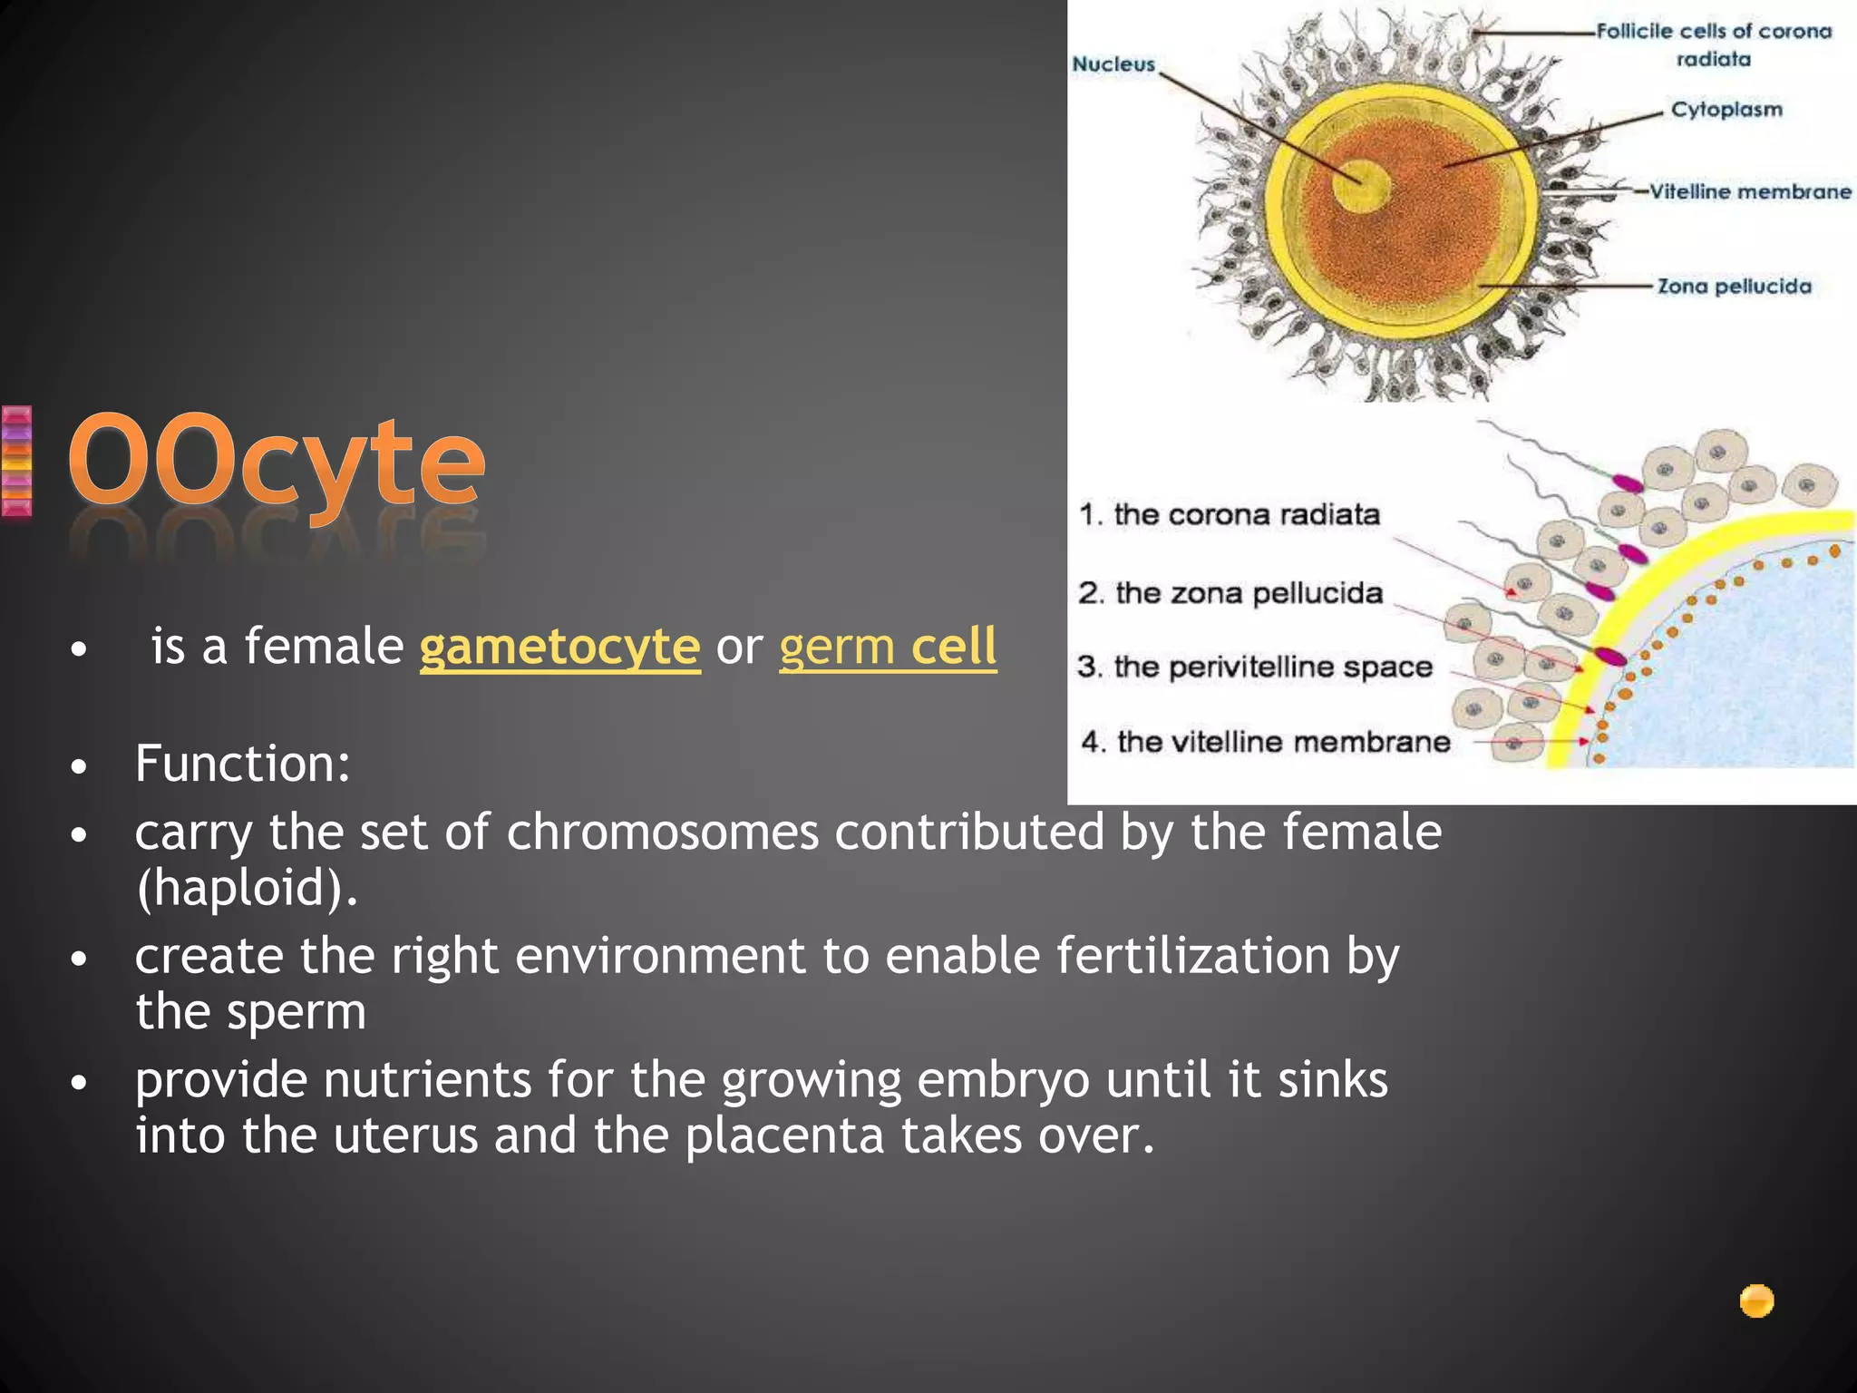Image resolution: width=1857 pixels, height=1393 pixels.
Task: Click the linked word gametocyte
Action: click(x=559, y=648)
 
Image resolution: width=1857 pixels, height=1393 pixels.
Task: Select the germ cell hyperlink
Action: click(x=888, y=648)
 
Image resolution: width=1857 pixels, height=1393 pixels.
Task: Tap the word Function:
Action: click(x=243, y=764)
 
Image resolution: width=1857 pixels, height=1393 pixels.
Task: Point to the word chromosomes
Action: click(x=662, y=832)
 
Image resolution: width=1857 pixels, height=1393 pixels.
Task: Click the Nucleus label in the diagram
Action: click(x=1113, y=64)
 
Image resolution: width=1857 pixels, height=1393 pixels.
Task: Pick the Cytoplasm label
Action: click(x=1726, y=110)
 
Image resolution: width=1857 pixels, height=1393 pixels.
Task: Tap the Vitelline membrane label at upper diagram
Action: click(x=1750, y=192)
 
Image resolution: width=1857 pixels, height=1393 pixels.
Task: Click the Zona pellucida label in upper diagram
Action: click(x=1734, y=287)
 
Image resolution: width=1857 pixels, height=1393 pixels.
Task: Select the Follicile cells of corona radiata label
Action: click(x=1714, y=44)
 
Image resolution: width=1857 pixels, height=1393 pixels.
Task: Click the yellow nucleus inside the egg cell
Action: click(x=1360, y=185)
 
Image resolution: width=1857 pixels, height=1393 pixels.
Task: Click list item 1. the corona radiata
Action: click(x=1230, y=515)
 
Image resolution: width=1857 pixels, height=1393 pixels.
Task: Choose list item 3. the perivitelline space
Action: click(x=1255, y=667)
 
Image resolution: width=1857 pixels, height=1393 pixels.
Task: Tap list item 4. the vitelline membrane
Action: click(x=1266, y=742)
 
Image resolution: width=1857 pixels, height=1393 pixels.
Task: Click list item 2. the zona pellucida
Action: click(x=1230, y=593)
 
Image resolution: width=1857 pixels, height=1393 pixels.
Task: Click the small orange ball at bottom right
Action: click(x=1756, y=1301)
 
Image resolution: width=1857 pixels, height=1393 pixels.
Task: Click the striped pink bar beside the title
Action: click(x=16, y=462)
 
